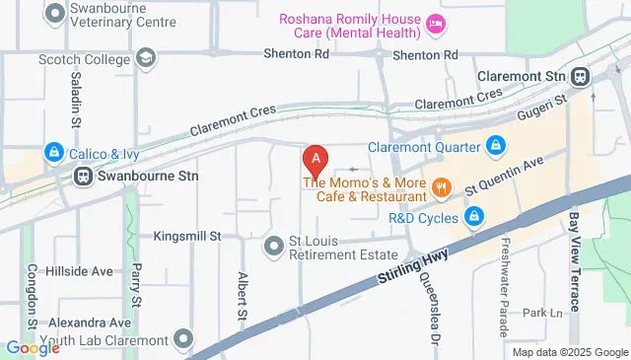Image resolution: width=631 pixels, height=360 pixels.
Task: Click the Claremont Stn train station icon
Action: (x=582, y=75)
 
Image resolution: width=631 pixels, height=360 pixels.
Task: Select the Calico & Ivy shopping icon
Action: (x=53, y=153)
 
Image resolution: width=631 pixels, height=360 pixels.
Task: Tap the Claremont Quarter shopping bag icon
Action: (x=496, y=147)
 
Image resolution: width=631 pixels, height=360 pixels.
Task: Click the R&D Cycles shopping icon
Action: (x=474, y=214)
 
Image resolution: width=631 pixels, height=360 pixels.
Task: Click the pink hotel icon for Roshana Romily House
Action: (x=436, y=22)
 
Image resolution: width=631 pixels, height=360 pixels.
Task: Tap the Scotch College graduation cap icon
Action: (x=147, y=58)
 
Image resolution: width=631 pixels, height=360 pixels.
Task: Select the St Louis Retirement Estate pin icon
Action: (x=274, y=244)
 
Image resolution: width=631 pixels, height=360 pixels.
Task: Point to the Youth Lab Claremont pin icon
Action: (x=183, y=340)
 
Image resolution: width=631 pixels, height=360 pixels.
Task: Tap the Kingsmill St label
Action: (x=186, y=237)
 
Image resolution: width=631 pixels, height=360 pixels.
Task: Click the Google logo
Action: (x=33, y=347)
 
